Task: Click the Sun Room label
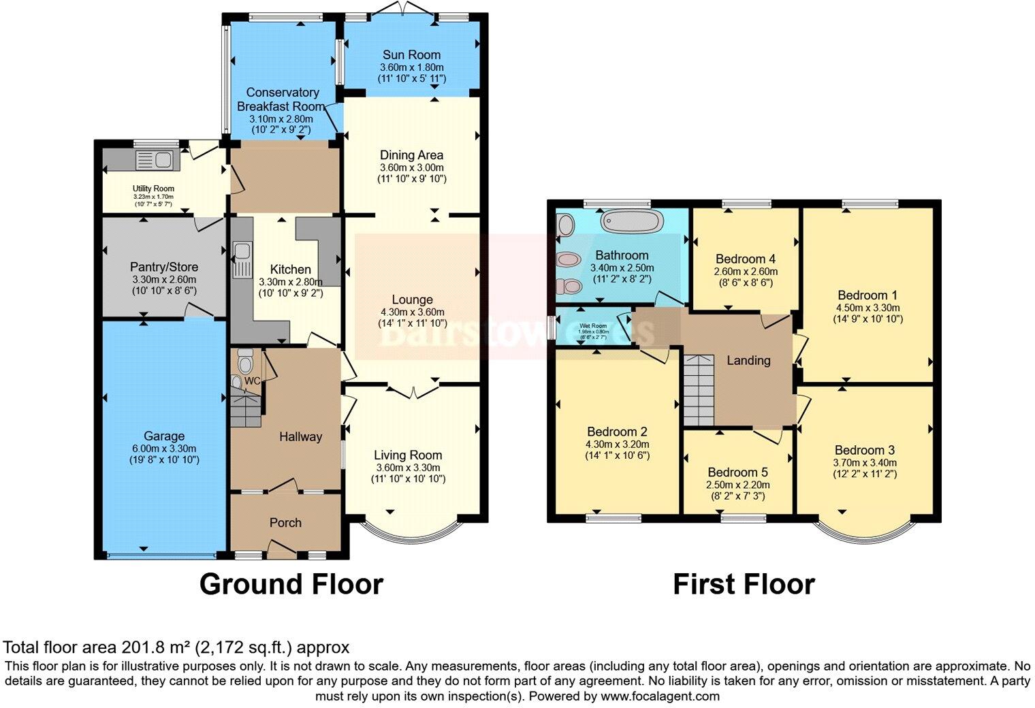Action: click(411, 54)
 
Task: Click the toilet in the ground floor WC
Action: click(245, 359)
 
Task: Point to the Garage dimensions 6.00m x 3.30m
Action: click(164, 449)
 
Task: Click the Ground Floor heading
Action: click(291, 585)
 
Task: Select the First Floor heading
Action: click(744, 585)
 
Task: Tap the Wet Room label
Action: click(593, 325)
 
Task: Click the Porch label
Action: click(285, 523)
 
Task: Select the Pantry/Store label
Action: click(164, 267)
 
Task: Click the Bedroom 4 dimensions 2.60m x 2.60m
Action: click(746, 271)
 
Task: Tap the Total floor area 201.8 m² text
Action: click(176, 647)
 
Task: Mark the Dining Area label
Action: click(411, 155)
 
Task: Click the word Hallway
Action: click(300, 437)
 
